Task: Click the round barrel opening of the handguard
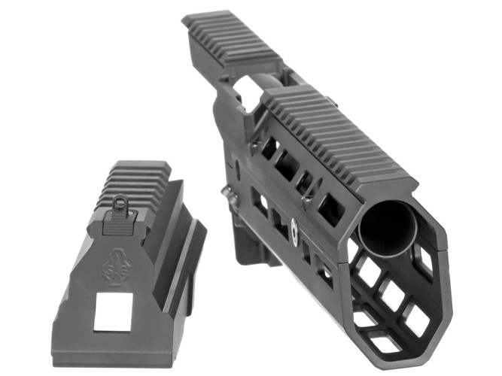(387, 226)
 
